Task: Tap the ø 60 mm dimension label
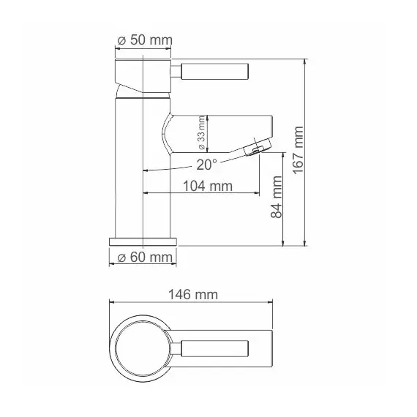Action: pyautogui.click(x=143, y=257)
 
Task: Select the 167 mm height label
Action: pyautogui.click(x=297, y=150)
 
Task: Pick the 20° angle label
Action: pyautogui.click(x=206, y=165)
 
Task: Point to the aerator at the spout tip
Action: pyautogui.click(x=254, y=149)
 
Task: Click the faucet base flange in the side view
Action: pyautogui.click(x=143, y=241)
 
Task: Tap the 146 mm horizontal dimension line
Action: pyautogui.click(x=190, y=302)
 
